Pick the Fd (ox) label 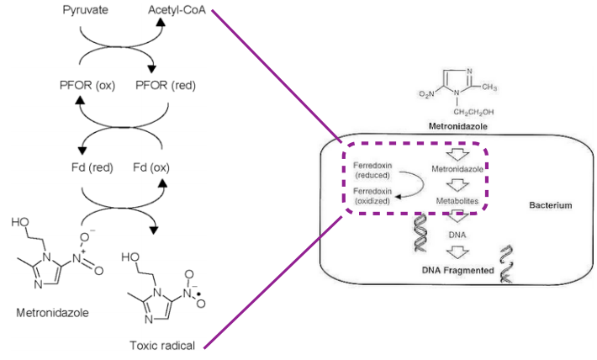[155, 167]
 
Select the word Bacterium [551, 205]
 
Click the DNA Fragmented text [457, 271]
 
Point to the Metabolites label [457, 202]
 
